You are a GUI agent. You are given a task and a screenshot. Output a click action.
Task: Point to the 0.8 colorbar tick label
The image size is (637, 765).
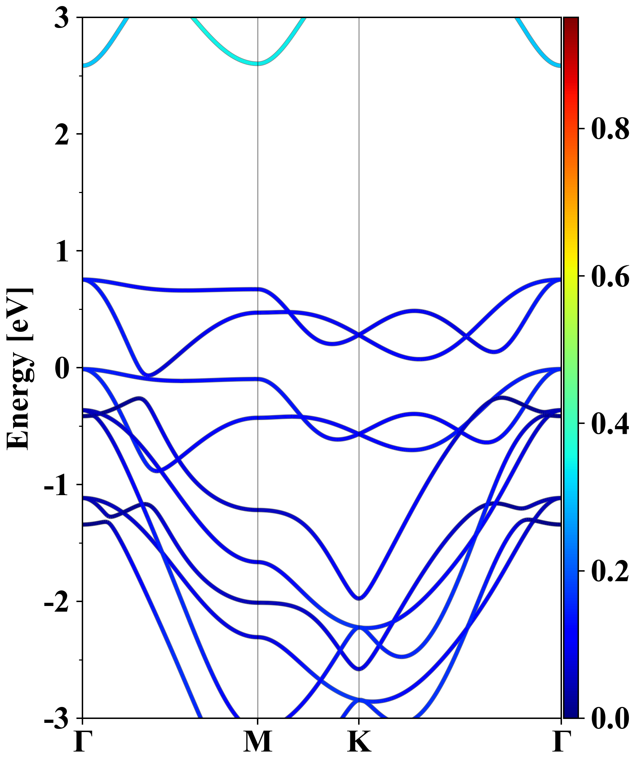610,129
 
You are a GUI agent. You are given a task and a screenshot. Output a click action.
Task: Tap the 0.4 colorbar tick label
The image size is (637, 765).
610,423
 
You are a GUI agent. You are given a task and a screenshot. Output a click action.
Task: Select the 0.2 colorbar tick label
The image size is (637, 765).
610,571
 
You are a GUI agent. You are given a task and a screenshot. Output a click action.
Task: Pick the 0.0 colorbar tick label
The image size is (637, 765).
610,718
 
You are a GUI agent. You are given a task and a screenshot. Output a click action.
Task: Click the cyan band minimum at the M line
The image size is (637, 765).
258,63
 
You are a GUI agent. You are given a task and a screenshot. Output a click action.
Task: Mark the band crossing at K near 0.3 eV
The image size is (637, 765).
359,335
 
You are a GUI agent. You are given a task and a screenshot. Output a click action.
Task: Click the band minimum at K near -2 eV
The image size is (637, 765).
359,598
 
